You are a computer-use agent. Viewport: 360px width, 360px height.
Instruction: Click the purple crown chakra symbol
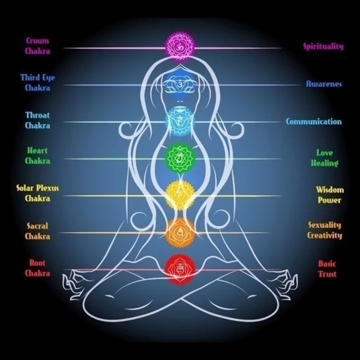[180, 46]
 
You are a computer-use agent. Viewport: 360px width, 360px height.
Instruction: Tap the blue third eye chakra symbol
[180, 84]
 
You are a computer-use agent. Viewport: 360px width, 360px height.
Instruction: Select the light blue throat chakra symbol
[180, 121]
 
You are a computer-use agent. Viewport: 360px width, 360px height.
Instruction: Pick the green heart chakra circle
[180, 158]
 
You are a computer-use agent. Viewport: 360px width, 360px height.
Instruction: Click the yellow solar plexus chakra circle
[180, 196]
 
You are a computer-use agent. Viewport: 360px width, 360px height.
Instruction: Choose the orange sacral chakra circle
[180, 232]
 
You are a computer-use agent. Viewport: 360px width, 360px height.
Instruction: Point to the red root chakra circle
[180, 269]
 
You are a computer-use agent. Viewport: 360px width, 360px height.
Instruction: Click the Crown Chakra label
[37, 46]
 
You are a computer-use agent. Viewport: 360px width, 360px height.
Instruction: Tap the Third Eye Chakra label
[37, 83]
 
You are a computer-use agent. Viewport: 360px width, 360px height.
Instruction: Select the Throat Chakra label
[37, 120]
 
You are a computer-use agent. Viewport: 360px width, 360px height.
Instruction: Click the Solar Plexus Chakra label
[37, 193]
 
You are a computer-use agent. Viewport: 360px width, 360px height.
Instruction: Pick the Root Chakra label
[37, 268]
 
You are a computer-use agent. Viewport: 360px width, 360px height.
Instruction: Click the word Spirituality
[323, 47]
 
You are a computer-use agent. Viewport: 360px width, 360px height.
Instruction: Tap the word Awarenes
[324, 84]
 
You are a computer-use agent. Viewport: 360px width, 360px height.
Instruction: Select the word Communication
[314, 121]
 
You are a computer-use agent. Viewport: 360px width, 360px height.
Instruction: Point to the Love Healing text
[325, 158]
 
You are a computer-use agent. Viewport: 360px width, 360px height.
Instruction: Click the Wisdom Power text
[330, 195]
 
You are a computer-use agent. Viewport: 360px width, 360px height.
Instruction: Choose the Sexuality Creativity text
[325, 230]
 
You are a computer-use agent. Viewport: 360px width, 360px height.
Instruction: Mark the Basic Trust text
[327, 269]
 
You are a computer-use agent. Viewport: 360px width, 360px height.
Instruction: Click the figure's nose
[180, 101]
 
